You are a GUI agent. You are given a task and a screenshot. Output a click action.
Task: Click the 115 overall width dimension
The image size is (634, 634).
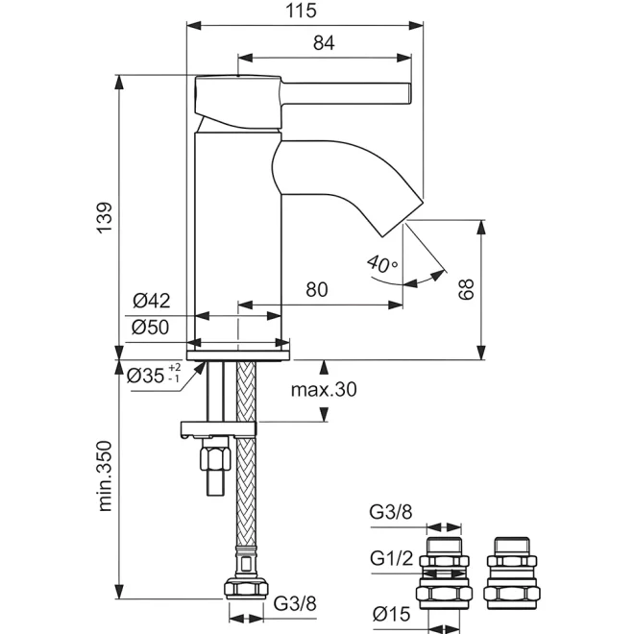coord(301,11)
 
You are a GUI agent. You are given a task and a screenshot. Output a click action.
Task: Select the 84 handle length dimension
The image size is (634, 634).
coord(324,43)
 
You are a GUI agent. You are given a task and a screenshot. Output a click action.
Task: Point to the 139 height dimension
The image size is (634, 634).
coord(105,217)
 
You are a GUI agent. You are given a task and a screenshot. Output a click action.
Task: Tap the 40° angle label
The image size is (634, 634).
coord(382,263)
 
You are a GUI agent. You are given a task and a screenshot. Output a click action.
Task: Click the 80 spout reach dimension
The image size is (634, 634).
coord(317,289)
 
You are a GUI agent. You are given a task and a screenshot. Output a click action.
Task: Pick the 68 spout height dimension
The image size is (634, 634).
coord(466,289)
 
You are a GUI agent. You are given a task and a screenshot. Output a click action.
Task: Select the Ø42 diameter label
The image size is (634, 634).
coord(152,301)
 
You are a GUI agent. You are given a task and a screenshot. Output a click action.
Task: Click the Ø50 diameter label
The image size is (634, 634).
coord(151,328)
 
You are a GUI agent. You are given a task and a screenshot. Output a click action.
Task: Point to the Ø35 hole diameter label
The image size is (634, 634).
coord(154,375)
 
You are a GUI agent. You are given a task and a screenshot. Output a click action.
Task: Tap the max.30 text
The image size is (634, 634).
coord(324,389)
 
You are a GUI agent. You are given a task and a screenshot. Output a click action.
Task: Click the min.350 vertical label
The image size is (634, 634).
coord(105,475)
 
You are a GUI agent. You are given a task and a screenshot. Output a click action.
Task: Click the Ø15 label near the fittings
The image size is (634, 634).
coord(391,614)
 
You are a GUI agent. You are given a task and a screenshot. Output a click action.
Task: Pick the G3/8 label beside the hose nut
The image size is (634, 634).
coord(295,603)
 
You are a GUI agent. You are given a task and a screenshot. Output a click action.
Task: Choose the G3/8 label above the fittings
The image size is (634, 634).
coord(391,512)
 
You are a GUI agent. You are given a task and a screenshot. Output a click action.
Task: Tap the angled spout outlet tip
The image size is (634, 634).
coord(402,217)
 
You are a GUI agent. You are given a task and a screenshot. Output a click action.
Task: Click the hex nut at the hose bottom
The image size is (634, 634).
coord(246,588)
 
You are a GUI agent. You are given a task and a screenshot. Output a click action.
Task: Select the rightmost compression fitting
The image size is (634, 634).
coord(512,573)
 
